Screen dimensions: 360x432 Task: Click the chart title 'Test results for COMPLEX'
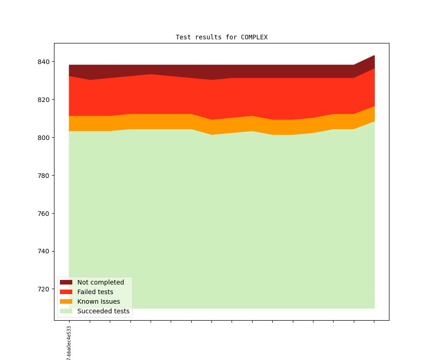pyautogui.click(x=221, y=37)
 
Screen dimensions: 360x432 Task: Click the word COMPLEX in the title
pyautogui.click(x=254, y=37)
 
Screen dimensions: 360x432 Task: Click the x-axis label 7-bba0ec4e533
pyautogui.click(x=69, y=343)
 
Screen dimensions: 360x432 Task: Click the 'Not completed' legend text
pyautogui.click(x=101, y=282)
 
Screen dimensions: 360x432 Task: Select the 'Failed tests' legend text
pyautogui.click(x=95, y=292)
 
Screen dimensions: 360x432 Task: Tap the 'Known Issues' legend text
pyautogui.click(x=98, y=301)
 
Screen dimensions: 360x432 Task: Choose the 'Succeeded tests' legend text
pyautogui.click(x=103, y=311)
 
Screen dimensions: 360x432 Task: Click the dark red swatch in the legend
pyautogui.click(x=66, y=282)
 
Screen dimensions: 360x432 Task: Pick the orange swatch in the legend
pyautogui.click(x=66, y=301)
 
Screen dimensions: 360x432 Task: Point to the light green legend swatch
pyautogui.click(x=66, y=311)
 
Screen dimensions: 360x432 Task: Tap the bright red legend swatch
pyautogui.click(x=66, y=292)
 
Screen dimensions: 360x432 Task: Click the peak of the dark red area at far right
pyautogui.click(x=374, y=56)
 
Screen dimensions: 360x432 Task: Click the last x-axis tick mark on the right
pyautogui.click(x=374, y=322)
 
